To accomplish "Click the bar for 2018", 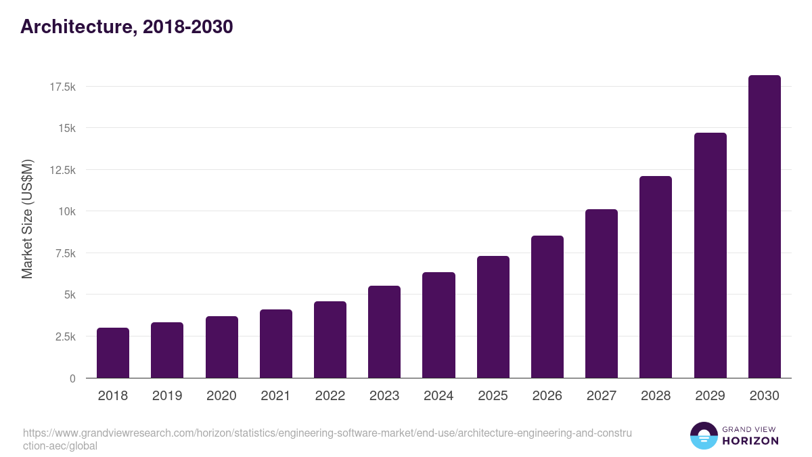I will [113, 353].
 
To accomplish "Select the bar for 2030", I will [764, 227].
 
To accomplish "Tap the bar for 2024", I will [438, 325].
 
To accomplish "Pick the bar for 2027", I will [602, 294].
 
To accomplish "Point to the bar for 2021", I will [276, 344].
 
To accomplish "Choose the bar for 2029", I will [710, 255].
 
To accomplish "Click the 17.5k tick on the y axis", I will [62, 87].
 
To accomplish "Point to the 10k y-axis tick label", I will [66, 211].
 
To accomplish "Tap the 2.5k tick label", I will [64, 336].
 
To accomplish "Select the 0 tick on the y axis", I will [72, 378].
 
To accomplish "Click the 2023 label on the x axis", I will [384, 396].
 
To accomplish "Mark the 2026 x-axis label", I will [547, 396].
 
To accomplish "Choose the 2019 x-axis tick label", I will [167, 396].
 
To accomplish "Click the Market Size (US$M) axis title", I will [27, 219].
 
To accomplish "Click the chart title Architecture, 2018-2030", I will [127, 26].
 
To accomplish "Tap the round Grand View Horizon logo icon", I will [703, 435].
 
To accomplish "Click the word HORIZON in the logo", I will [750, 441].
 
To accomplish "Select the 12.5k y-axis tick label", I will [62, 170].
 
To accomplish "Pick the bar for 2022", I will [330, 340].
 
